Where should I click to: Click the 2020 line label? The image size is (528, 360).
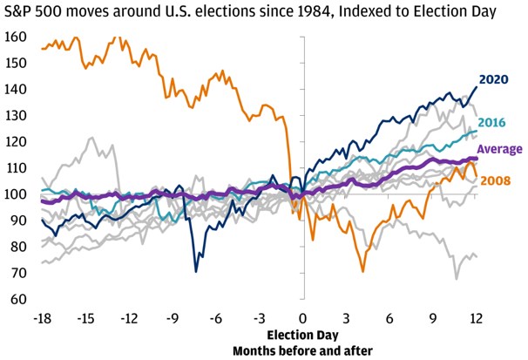pos(493,79)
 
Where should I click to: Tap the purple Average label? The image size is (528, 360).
pos(498,149)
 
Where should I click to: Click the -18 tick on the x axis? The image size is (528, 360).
pos(41,317)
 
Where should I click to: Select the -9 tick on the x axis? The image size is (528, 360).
pos(173,317)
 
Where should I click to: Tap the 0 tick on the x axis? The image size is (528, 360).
pos(303,317)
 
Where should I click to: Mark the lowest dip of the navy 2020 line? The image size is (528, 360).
pos(196,271)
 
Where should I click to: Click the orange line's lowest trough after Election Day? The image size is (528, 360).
pos(362,272)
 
